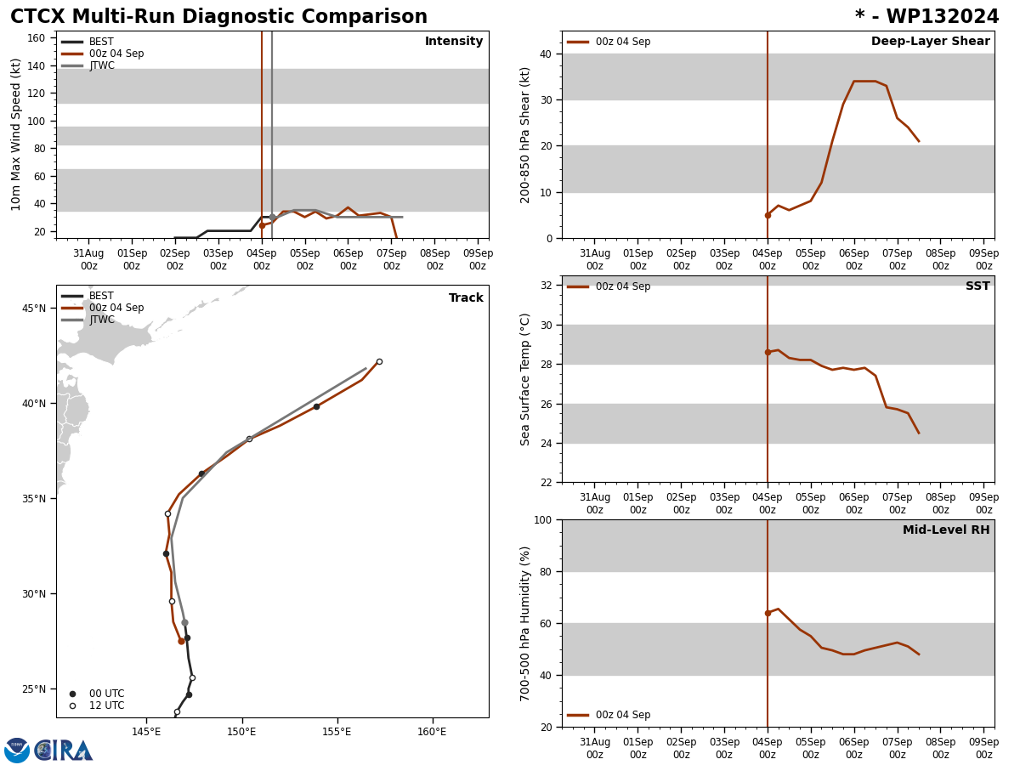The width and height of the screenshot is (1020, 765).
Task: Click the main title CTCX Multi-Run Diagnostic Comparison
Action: click(x=218, y=17)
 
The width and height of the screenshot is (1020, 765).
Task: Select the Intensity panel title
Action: click(x=454, y=42)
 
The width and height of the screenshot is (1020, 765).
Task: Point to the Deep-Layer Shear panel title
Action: click(x=930, y=42)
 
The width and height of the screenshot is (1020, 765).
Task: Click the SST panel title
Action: click(x=977, y=286)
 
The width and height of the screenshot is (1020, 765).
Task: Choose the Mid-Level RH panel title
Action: click(x=946, y=530)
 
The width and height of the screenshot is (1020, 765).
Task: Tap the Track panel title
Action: click(x=466, y=298)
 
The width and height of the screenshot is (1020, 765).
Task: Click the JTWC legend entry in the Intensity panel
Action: click(x=101, y=65)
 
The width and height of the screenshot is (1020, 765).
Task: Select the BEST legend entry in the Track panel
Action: click(x=101, y=296)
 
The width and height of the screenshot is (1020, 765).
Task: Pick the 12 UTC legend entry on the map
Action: click(x=106, y=705)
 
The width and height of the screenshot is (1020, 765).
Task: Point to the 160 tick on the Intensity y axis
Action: click(x=36, y=37)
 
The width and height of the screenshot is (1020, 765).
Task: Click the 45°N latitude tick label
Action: click(x=34, y=308)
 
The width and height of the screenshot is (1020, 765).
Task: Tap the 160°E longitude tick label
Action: click(x=432, y=732)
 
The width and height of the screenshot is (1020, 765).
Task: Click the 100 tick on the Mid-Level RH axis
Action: click(x=540, y=519)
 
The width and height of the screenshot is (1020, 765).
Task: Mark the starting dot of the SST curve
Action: click(x=768, y=352)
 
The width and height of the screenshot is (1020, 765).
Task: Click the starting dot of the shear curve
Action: click(x=768, y=215)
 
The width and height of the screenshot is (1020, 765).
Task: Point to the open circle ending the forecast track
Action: click(x=379, y=361)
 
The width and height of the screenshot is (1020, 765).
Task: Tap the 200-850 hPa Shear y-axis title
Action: click(x=526, y=134)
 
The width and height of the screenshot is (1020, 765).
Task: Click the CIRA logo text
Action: click(x=64, y=751)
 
